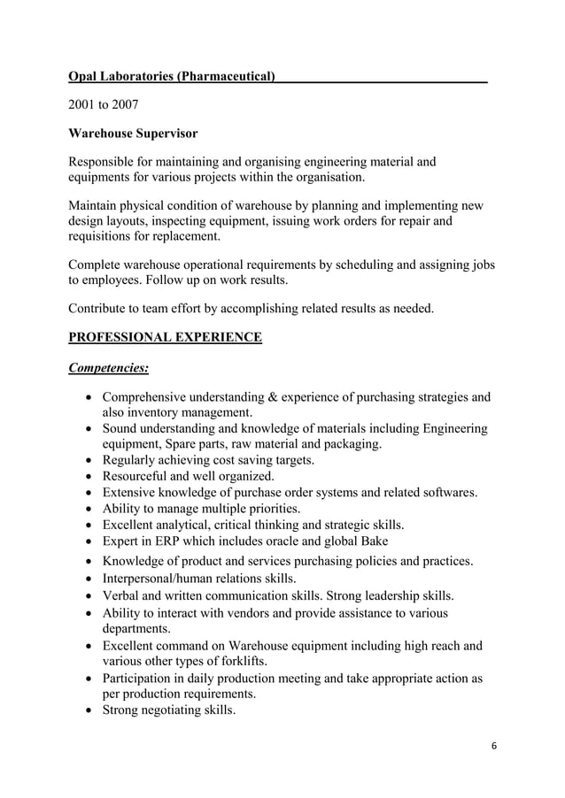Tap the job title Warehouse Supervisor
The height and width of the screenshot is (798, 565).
133,134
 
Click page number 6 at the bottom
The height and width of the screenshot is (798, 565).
494,745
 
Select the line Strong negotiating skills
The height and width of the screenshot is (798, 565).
169,710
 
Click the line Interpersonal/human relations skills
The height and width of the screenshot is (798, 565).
200,579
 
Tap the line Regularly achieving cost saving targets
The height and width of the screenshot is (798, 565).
208,460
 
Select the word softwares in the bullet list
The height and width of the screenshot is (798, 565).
448,492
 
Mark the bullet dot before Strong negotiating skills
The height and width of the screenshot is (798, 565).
89,710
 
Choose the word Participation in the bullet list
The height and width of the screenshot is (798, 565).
143,679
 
